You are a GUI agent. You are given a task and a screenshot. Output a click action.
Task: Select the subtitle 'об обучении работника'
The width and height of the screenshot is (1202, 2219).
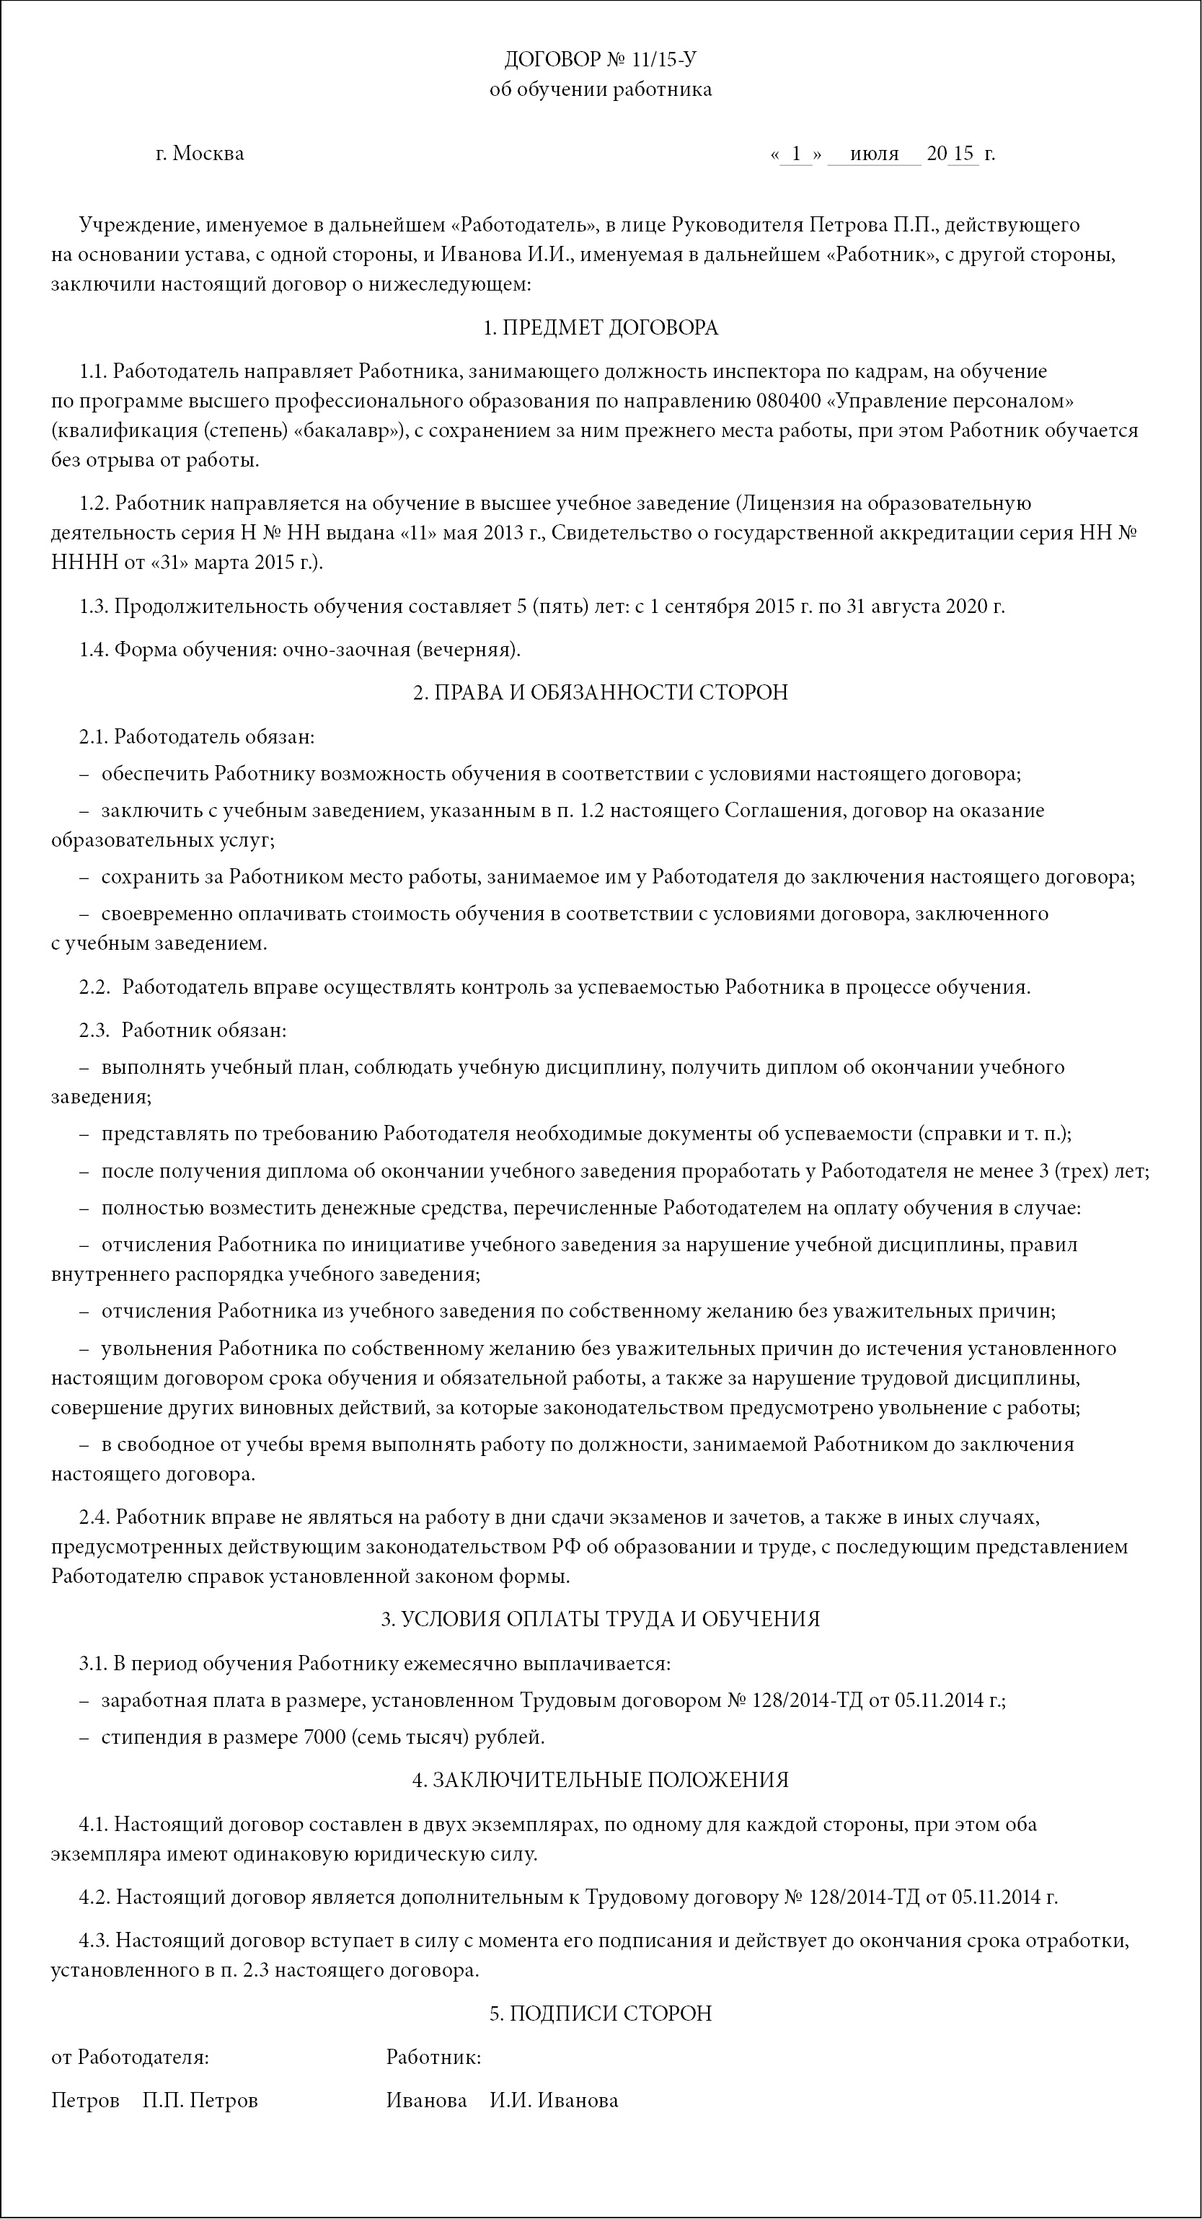[600, 89]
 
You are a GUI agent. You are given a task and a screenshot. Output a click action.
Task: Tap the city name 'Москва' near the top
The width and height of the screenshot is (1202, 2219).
[208, 154]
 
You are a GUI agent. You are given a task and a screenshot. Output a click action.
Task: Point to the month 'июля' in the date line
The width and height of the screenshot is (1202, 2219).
[873, 154]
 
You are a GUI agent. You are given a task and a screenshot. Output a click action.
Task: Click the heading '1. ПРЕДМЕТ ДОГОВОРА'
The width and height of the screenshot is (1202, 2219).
[600, 327]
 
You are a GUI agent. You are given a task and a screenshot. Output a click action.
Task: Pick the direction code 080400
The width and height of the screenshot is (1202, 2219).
[791, 400]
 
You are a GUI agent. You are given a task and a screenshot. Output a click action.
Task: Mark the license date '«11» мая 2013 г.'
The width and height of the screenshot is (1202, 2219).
[474, 532]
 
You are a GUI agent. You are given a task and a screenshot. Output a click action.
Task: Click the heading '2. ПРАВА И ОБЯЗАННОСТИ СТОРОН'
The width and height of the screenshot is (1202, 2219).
[600, 692]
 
